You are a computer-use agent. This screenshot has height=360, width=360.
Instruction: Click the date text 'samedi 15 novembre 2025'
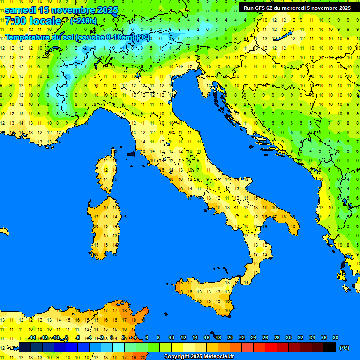tap(61, 10)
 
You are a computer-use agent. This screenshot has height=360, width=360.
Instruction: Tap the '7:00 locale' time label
tap(33, 21)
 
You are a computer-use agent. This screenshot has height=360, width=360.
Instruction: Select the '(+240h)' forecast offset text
tap(83, 21)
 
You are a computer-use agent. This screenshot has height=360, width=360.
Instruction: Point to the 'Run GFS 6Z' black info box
tap(297, 7)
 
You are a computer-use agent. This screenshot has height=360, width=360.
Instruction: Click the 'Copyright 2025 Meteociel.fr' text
tap(199, 356)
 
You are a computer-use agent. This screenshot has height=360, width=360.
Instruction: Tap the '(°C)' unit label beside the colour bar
tap(344, 347)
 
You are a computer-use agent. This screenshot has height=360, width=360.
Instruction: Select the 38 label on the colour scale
tap(336, 337)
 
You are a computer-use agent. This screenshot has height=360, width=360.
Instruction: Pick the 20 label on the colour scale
tap(230, 337)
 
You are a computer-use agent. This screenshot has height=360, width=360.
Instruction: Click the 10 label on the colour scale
tap(172, 337)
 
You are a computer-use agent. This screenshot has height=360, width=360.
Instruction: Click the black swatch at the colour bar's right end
tap(330, 347)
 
